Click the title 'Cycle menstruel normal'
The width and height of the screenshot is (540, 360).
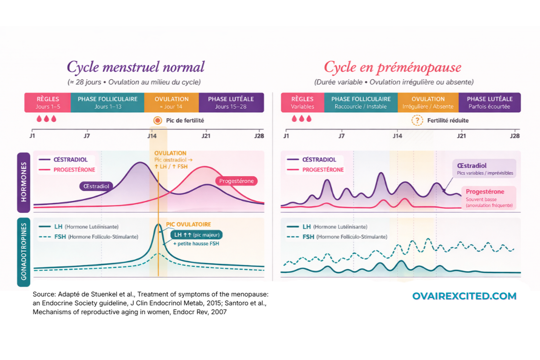[x=135, y=67]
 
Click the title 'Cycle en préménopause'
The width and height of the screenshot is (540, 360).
[x=392, y=67]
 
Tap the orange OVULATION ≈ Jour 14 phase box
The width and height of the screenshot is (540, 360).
[x=171, y=102]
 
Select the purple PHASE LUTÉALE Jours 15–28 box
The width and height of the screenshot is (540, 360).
[x=231, y=102]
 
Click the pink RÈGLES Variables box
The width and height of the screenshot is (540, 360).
[x=302, y=102]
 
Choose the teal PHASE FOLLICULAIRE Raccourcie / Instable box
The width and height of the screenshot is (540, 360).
[x=361, y=102]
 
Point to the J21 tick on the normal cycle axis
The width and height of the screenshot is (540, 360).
[x=206, y=136]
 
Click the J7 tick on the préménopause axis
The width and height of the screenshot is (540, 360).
[x=342, y=136]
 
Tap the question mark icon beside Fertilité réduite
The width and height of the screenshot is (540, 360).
[x=417, y=120]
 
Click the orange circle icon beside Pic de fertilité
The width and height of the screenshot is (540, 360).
[x=158, y=120]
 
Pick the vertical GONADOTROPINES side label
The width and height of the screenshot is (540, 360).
[x=23, y=252]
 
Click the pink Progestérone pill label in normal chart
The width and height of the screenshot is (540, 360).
[x=236, y=181]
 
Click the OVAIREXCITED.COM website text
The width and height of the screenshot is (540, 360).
[x=464, y=296]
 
